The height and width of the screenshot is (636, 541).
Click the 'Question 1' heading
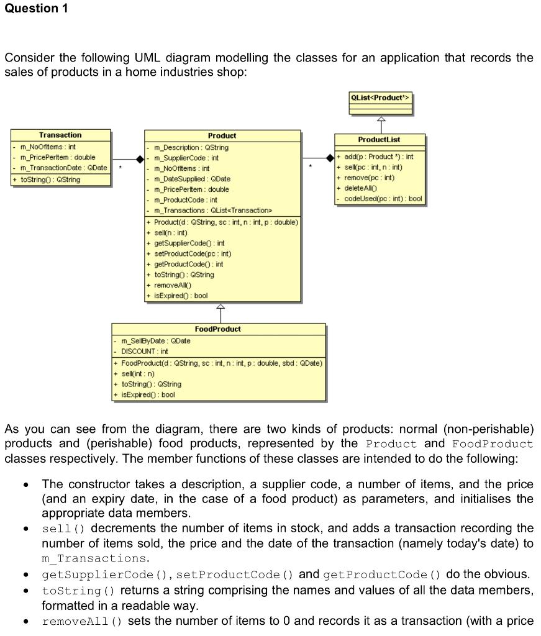[36, 9]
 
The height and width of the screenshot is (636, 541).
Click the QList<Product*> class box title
[381, 98]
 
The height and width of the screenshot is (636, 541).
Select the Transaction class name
[60, 135]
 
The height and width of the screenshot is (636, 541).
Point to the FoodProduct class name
[218, 329]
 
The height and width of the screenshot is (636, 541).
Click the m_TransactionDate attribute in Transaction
[63, 168]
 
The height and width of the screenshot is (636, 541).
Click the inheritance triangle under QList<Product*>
[381, 120]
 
